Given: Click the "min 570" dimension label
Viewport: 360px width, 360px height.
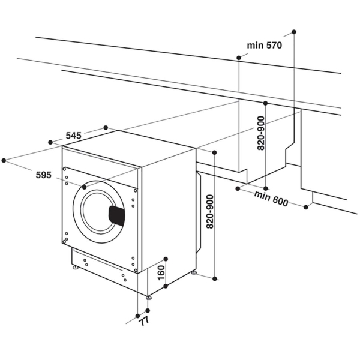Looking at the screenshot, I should click(x=264, y=46).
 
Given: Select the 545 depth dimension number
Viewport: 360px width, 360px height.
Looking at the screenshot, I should click(x=73, y=136).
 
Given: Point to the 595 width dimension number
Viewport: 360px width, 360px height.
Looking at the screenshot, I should click(x=43, y=175).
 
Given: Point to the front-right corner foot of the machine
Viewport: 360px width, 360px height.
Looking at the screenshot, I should click(x=148, y=297).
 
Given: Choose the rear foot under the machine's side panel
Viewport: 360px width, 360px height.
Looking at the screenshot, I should click(x=194, y=273).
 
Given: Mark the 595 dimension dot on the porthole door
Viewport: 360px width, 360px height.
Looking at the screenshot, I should click(x=84, y=188).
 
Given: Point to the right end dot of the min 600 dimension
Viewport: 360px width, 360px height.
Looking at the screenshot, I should click(x=307, y=208).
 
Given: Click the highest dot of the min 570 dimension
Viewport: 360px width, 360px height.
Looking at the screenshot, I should click(x=294, y=31).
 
